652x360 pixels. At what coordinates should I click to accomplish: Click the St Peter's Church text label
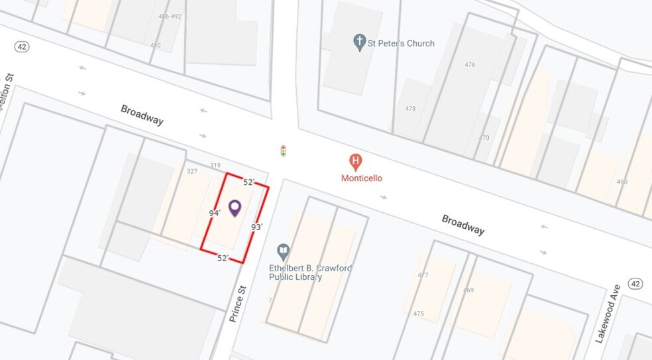point(402,43)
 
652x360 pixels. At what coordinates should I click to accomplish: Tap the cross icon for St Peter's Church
point(360,42)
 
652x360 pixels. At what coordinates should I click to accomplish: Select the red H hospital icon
point(356,161)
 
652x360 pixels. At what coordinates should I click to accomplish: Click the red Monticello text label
point(362,178)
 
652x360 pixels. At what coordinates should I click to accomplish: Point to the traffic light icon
point(284,151)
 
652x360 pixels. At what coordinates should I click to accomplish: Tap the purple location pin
point(235,208)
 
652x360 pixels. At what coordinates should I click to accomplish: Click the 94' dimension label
point(215,213)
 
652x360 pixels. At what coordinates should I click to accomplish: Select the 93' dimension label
point(257,227)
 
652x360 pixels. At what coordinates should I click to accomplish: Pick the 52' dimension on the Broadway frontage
point(248,182)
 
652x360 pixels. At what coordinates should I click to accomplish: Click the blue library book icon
point(284,252)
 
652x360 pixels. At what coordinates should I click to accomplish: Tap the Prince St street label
point(238,304)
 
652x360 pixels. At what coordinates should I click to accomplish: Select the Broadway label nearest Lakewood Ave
point(463,225)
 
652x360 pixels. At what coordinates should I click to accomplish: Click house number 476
point(470,65)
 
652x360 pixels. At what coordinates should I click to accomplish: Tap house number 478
point(410,109)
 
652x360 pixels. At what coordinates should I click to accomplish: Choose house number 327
point(192,171)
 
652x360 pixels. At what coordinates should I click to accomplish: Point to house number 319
point(215,166)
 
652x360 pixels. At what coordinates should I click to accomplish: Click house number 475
point(419,314)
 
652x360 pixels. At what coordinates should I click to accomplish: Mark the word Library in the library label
point(307,277)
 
